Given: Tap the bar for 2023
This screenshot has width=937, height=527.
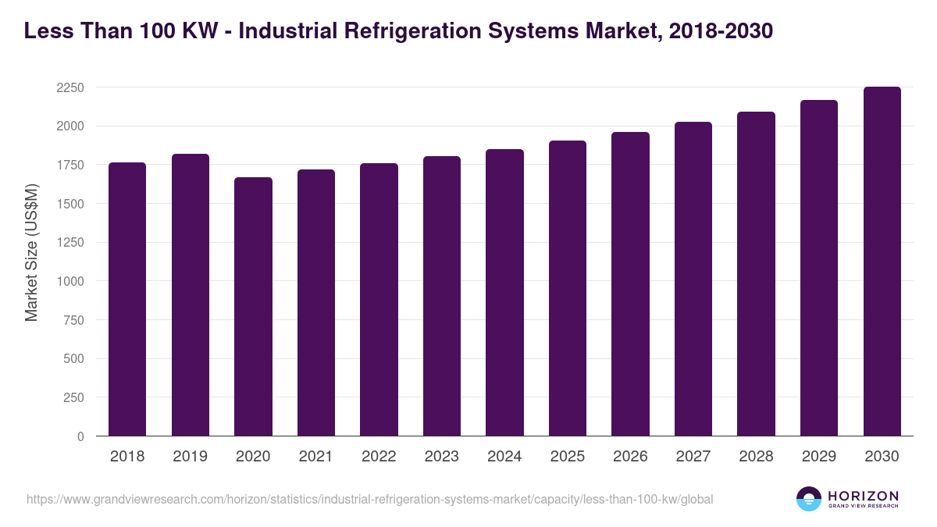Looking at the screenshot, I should pos(442,296).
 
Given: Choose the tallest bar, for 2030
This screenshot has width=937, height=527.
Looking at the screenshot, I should pos(882,261).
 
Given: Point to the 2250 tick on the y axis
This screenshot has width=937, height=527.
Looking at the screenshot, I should pos(70,87).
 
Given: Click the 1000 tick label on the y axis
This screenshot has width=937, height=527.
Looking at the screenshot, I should pos(70,281).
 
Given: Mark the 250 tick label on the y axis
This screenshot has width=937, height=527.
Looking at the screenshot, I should pos(73,397).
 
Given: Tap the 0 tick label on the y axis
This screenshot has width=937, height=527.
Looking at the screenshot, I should pos(80,436).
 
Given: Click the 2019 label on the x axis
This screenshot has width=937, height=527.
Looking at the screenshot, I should pos(191,457).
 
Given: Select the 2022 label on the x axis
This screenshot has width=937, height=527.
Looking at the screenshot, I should pos(379,457).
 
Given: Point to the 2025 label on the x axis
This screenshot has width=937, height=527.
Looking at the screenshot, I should pos(568,457).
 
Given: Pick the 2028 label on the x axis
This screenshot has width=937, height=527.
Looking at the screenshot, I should pos(756,457).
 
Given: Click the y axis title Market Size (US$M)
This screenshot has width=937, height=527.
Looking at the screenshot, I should pos(31,252).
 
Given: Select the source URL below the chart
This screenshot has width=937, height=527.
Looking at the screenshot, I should pos(369,499).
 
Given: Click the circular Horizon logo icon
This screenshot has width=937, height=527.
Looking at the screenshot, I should pos(809,499).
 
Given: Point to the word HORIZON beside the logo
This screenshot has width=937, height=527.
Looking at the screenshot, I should pos(863,495).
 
